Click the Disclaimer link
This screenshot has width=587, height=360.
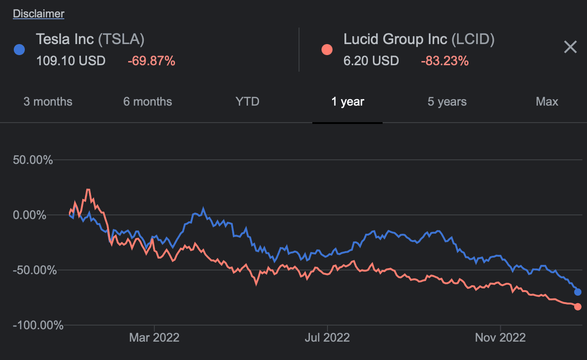coord(39,14)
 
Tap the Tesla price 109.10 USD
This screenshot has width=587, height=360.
coord(71,61)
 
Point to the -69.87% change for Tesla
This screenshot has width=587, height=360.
coord(151,61)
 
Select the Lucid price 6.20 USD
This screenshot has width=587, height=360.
coord(371,61)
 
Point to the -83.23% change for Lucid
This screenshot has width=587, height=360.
coord(445,61)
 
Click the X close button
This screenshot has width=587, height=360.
coord(570,47)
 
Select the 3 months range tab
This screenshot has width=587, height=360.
coord(48,101)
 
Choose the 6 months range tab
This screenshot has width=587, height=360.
coord(147,101)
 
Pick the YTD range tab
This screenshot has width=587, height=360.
coord(247,101)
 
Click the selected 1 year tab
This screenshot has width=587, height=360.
coord(348,101)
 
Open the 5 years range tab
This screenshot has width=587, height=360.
coord(447,101)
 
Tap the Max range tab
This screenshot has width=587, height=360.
coord(547,101)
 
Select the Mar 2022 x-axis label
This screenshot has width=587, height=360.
coord(154,338)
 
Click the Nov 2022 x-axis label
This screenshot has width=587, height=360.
coord(500,338)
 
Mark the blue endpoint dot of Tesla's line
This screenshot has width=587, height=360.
coord(578,292)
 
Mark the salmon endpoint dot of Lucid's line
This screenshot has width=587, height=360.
coord(578,307)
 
